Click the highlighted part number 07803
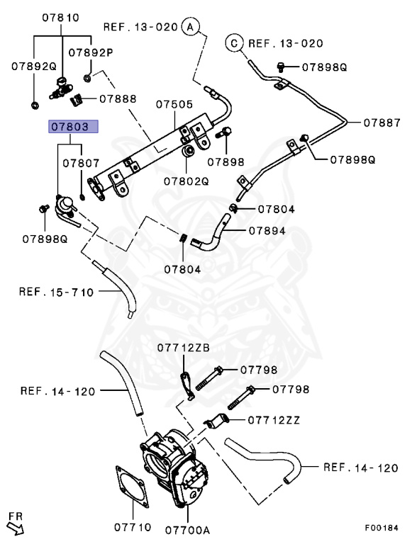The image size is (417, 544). coord(73,127)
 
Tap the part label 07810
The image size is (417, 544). coord(61,17)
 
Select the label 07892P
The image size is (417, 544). coord(91,52)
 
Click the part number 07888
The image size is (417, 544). coord(118,99)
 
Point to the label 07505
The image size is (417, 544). coord(174,104)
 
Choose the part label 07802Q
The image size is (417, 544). coord(187,181)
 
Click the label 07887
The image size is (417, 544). coord(382,123)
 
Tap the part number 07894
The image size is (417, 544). coord(267,231)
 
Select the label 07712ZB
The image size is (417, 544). coord(184,348)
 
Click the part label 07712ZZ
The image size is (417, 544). coord(274,420)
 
